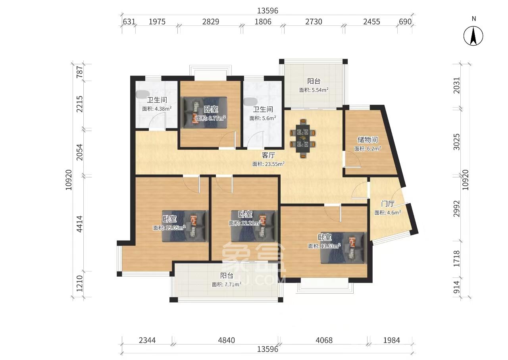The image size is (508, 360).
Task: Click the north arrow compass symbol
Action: tap(473, 36)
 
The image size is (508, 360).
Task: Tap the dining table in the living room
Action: tap(302, 138)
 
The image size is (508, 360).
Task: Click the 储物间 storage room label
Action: tap(368, 139)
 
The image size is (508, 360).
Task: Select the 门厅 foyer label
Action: tap(387, 204)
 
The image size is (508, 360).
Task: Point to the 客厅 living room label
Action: tap(268, 155)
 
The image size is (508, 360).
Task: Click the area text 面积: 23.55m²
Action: tap(268, 164)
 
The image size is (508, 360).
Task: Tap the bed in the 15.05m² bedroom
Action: tap(185, 226)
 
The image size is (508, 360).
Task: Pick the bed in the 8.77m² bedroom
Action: tap(205, 112)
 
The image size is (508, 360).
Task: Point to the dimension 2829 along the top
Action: tap(211, 21)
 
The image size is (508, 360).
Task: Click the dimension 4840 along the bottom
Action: tap(226, 340)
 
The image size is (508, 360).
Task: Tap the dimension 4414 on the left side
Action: tap(80, 224)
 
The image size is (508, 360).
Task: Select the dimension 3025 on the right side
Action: tap(456, 142)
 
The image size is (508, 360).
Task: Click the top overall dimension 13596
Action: tap(267, 11)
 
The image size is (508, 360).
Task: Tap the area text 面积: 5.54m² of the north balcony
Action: tap(314, 90)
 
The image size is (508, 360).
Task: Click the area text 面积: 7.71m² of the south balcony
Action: tap(226, 284)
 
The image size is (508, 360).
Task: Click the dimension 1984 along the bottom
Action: tap(391, 340)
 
